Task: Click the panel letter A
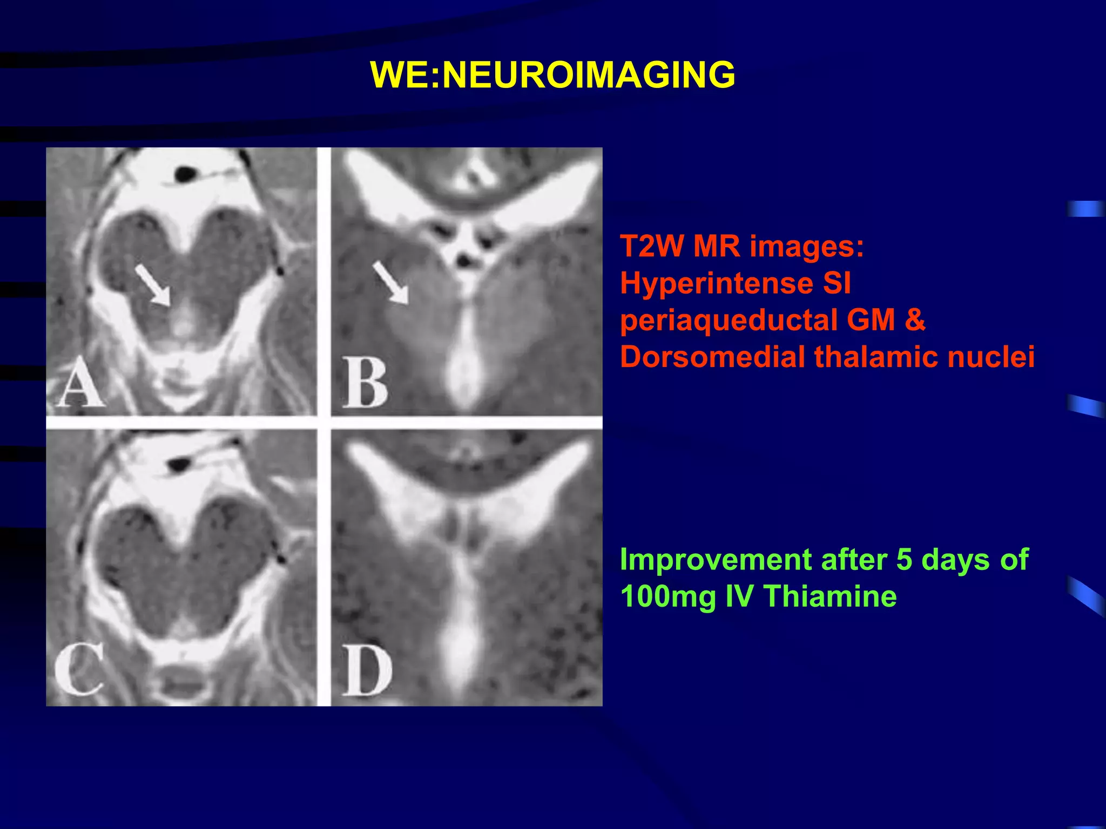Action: (80, 382)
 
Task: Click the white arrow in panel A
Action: (153, 285)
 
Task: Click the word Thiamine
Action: (831, 596)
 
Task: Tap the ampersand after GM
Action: (914, 320)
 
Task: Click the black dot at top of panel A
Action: (185, 174)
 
